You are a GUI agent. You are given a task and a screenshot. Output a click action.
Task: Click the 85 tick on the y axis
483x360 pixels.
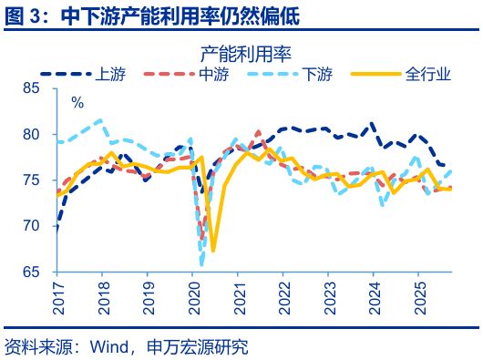pos(37,88)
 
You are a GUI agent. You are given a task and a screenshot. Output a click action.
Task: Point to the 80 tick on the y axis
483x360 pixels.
pos(37,134)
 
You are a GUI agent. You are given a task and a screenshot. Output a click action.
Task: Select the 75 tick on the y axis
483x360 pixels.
pos(37,180)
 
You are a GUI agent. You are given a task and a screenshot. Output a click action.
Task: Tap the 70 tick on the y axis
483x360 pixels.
pos(37,225)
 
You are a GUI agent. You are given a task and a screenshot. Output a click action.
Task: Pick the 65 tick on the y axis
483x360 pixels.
pos(37,272)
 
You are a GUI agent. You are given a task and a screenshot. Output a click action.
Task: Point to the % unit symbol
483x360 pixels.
pos(77,102)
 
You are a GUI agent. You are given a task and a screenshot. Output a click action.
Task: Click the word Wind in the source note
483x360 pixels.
pos(108,347)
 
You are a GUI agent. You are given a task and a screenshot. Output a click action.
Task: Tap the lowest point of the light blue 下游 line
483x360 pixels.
pos(200,264)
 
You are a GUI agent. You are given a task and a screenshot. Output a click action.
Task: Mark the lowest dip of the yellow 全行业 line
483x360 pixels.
pos(212,250)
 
